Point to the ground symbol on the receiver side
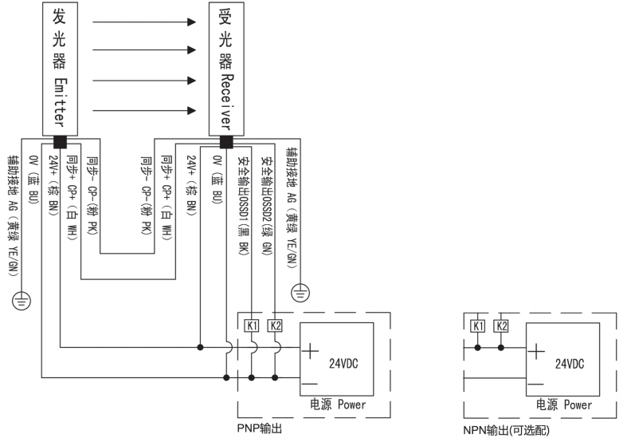click(x=300, y=293)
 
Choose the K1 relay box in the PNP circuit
click(x=252, y=325)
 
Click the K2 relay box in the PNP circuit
click(x=276, y=325)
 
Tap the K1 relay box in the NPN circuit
click(x=478, y=325)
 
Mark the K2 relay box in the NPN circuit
click(x=501, y=325)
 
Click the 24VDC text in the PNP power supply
click(x=345, y=363)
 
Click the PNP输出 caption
click(x=260, y=428)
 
